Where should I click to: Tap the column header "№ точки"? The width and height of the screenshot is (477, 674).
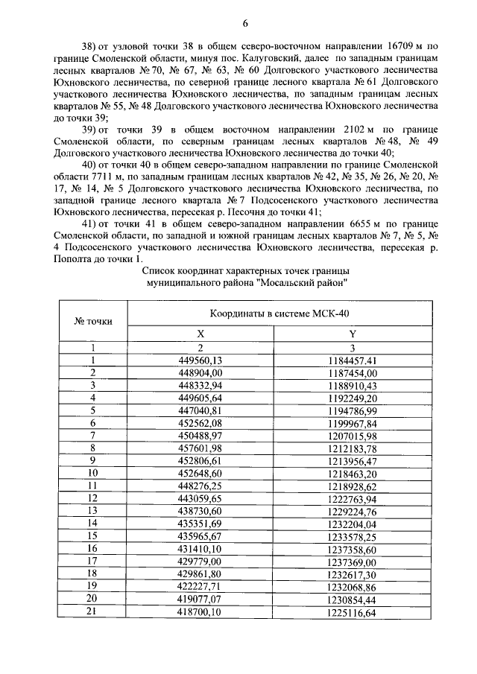pyautogui.click(x=93, y=321)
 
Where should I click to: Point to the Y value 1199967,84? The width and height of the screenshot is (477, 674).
pyautogui.click(x=353, y=423)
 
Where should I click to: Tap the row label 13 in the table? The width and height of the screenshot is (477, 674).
pyautogui.click(x=93, y=510)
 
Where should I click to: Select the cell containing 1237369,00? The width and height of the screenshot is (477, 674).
pyautogui.click(x=353, y=561)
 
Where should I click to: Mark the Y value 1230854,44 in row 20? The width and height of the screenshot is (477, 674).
pyautogui.click(x=353, y=598)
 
